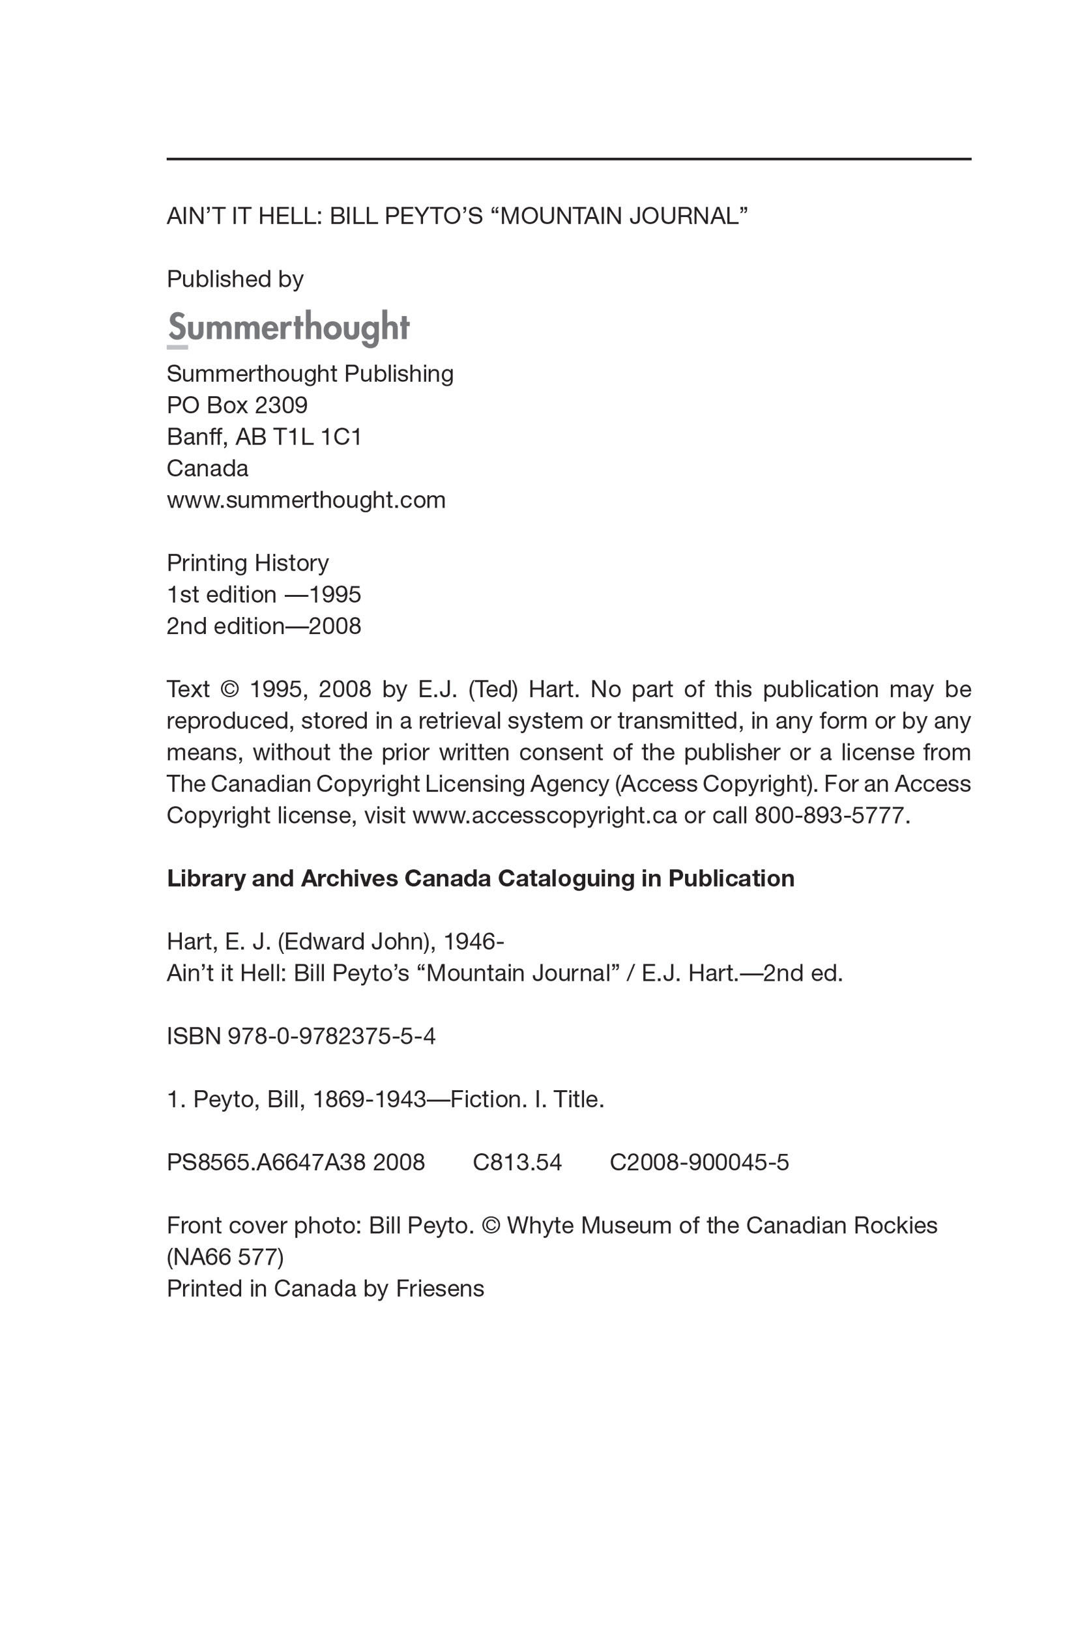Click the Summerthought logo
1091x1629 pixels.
tap(288, 328)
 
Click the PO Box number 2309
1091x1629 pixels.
tap(281, 405)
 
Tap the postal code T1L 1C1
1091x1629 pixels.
tap(317, 437)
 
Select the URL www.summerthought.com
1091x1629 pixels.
tap(306, 500)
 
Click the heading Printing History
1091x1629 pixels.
tap(248, 563)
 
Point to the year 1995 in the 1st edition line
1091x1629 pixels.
tap(335, 595)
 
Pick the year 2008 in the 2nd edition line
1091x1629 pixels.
tap(335, 626)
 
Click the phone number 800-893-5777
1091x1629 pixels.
tap(832, 815)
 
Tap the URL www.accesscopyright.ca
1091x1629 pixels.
tap(545, 815)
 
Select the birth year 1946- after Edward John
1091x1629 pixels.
tap(474, 942)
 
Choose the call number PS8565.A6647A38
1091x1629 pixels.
tap(267, 1162)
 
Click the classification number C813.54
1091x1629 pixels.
tap(517, 1162)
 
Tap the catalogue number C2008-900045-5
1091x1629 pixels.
tap(699, 1162)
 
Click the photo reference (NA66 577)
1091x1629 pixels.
tap(225, 1257)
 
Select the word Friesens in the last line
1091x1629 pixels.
tap(440, 1289)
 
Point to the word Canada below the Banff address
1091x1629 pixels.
tap(207, 468)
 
